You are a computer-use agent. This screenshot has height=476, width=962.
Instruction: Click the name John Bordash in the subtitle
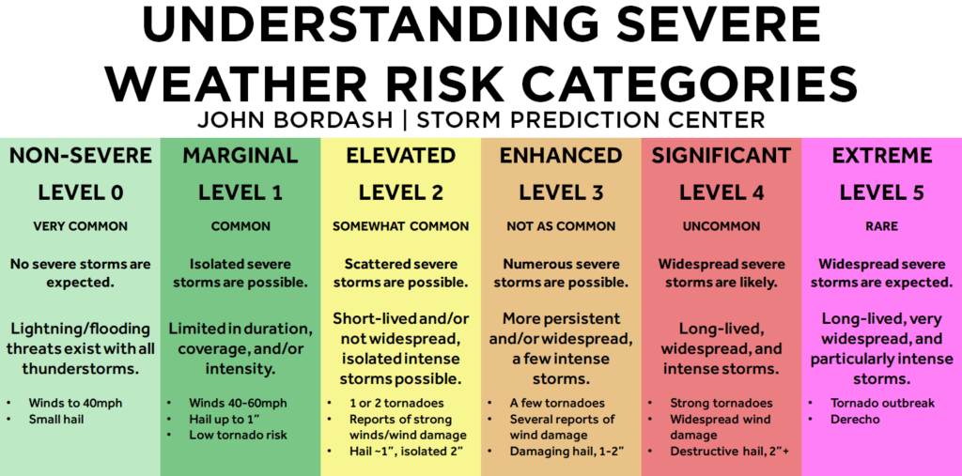point(295,119)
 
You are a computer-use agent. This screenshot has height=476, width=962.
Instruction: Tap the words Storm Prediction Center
point(591,119)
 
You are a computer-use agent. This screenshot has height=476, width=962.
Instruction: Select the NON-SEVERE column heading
point(81,156)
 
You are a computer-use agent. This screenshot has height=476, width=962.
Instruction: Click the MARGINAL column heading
point(240,156)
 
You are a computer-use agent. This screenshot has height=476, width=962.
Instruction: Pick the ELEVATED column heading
point(400,156)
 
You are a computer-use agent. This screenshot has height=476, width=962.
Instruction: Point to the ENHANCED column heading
point(561,156)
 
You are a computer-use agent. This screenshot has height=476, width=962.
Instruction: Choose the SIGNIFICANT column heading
point(721,156)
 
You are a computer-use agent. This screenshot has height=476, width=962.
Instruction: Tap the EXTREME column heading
point(882,156)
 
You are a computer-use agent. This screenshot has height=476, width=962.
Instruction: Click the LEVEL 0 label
point(81,192)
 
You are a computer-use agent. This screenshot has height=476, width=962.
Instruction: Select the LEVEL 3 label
point(561,192)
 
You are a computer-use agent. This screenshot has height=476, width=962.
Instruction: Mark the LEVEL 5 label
point(881,192)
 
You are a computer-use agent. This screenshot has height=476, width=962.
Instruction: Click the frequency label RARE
point(881,226)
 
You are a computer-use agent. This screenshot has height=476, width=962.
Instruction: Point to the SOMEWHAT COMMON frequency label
point(400,226)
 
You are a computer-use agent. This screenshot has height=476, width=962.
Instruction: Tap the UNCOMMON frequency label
point(721,226)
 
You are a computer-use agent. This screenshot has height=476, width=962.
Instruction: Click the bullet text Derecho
point(855,420)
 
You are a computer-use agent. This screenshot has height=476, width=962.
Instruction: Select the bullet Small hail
point(56,420)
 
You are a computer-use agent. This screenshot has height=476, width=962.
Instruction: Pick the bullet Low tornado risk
point(238,435)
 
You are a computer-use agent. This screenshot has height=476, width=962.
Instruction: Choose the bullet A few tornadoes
point(557,403)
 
